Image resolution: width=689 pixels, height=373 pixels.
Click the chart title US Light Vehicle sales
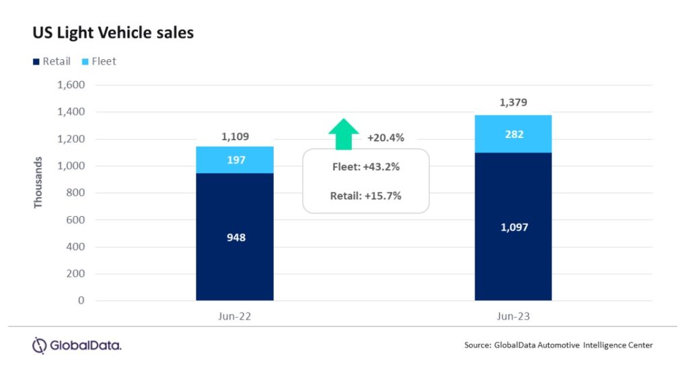113,32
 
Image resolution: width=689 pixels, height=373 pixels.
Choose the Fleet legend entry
99,61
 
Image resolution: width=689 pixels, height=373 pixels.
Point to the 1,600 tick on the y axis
71,86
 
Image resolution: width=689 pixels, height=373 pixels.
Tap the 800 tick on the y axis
75,193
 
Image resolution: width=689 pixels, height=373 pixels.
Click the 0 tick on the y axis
81,301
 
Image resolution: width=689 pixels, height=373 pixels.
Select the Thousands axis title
38,182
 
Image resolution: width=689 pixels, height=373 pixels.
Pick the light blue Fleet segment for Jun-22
235,160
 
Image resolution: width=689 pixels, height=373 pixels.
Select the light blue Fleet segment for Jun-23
513,134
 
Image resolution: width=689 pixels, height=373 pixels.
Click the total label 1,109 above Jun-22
235,137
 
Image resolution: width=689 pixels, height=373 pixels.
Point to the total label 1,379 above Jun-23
513,102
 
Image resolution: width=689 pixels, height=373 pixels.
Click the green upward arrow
344,133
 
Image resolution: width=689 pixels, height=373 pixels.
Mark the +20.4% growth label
386,138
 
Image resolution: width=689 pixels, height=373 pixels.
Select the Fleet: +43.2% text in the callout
365,167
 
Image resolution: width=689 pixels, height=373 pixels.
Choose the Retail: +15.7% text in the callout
365,197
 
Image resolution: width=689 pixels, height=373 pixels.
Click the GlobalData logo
77,346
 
